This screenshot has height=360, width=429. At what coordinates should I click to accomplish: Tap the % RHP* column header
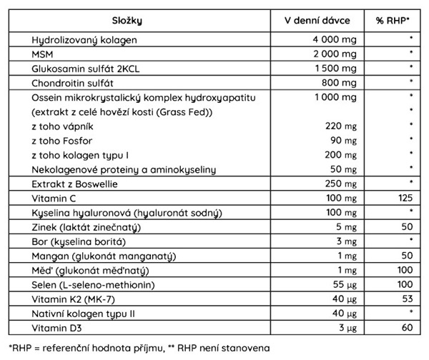(x=393, y=19)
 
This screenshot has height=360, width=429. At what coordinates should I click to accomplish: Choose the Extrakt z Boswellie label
(x=74, y=184)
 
